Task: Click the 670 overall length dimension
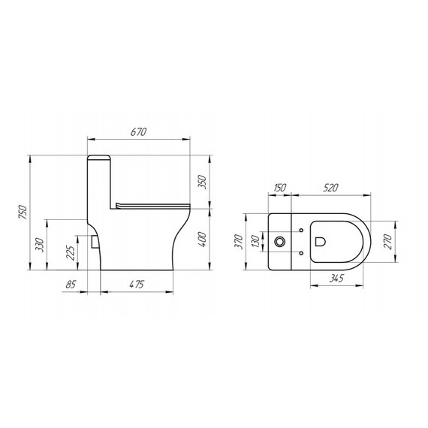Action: pyautogui.click(x=137, y=132)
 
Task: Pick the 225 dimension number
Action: pyautogui.click(x=70, y=252)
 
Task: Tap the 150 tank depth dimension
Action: pyautogui.click(x=279, y=188)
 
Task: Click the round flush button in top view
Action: pyautogui.click(x=281, y=243)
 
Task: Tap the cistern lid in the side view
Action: pyautogui.click(x=100, y=160)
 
